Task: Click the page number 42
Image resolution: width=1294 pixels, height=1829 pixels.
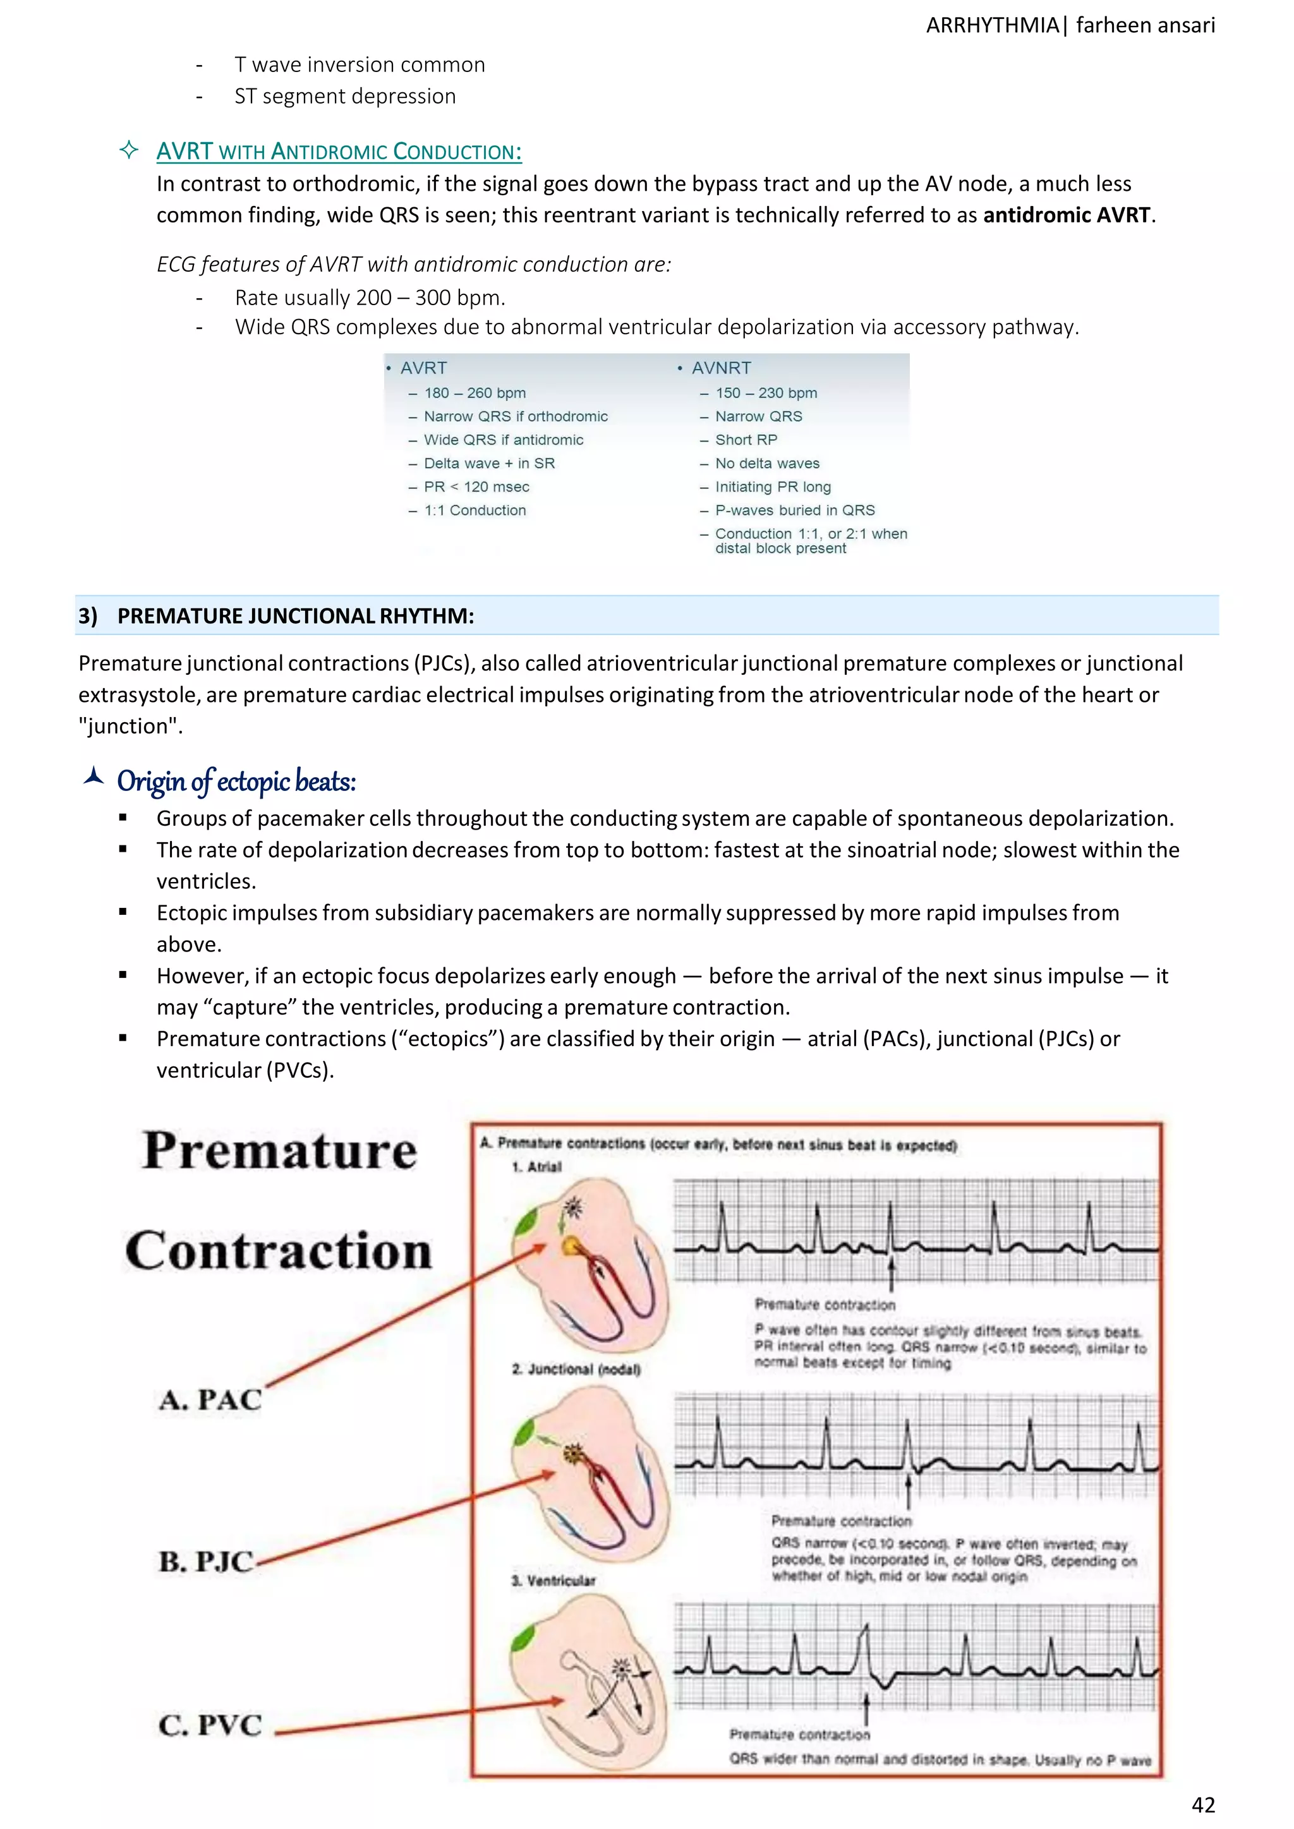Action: (x=1202, y=1804)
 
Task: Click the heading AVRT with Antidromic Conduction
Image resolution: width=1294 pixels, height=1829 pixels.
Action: (x=339, y=152)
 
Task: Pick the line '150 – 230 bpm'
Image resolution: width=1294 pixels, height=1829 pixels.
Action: (x=766, y=393)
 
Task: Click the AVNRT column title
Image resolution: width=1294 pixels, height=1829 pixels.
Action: (x=720, y=368)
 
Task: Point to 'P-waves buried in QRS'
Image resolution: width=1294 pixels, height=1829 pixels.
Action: (x=794, y=510)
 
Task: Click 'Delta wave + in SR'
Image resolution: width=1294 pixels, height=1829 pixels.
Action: (x=488, y=463)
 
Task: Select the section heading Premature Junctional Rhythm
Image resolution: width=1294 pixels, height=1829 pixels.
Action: (x=295, y=616)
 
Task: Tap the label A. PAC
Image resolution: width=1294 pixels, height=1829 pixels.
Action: (x=210, y=1399)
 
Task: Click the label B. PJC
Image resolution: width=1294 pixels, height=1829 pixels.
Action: (x=205, y=1562)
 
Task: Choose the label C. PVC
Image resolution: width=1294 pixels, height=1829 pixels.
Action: (x=210, y=1725)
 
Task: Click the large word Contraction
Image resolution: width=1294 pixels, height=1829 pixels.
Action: (x=278, y=1251)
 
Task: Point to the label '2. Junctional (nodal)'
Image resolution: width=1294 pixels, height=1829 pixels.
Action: (x=576, y=1369)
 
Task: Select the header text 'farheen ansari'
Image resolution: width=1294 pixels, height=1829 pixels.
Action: (x=1145, y=25)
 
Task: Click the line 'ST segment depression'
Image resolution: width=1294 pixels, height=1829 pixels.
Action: (x=345, y=97)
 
